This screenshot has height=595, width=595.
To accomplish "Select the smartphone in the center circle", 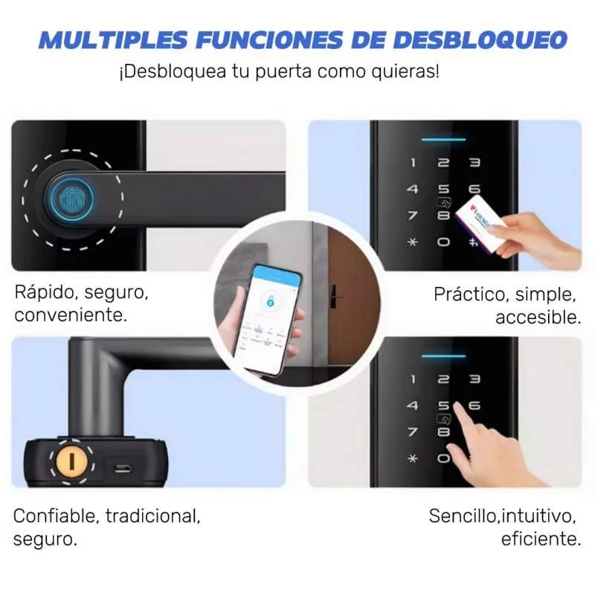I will click(x=274, y=312).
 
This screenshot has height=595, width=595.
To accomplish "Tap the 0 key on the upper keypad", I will click(x=444, y=242).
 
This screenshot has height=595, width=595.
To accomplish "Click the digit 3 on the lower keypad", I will click(x=474, y=379).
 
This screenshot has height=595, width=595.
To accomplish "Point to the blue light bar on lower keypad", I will click(x=444, y=356).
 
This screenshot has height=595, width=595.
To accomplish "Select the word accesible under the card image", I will click(x=538, y=318).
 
